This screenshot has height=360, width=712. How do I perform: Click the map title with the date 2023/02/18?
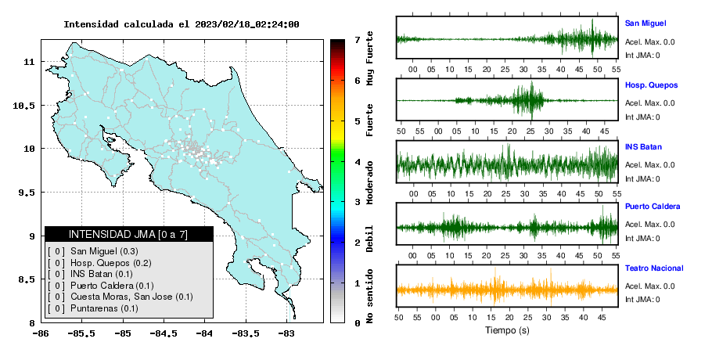[x=182, y=24]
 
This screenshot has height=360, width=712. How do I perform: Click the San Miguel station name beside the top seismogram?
[x=645, y=23]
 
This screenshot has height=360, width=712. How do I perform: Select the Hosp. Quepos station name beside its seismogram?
[x=651, y=85]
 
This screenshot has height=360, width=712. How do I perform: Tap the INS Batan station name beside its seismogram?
[x=643, y=146]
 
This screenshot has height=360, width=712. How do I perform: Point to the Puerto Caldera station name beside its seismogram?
[x=653, y=206]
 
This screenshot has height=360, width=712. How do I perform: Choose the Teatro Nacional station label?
[x=654, y=268]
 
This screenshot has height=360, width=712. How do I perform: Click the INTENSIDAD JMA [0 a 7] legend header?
[x=128, y=234]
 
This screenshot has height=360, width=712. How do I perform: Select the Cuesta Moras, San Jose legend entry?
[x=131, y=297]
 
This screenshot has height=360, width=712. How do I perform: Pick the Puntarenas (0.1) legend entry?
[x=104, y=308]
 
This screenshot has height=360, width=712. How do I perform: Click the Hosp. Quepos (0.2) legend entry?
[x=111, y=263]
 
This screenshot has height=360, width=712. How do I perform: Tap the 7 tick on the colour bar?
[x=358, y=40]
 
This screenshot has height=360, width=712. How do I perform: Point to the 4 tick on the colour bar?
[x=358, y=162]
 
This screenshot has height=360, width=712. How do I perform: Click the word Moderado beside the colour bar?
[x=369, y=182]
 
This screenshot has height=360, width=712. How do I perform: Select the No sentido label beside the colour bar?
[x=369, y=296]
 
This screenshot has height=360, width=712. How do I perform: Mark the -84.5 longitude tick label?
[x=164, y=334]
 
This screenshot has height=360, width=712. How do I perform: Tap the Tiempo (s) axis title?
[x=507, y=330]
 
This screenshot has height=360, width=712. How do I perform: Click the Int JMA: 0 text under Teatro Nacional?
[x=642, y=299]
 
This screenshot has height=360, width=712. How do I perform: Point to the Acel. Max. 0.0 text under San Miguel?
[x=649, y=41]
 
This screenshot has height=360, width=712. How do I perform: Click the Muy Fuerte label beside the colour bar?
[x=369, y=58]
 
